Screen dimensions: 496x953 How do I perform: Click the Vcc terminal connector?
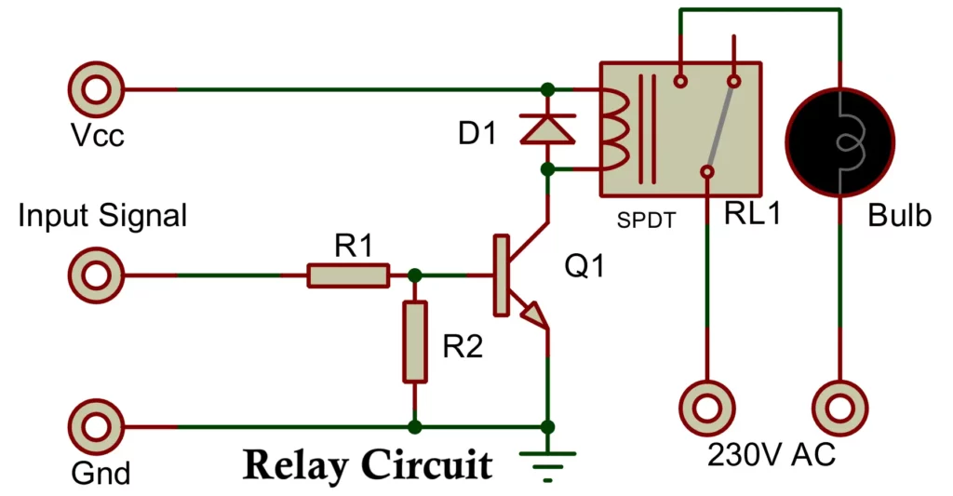95,90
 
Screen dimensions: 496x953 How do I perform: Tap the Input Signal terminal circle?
95,275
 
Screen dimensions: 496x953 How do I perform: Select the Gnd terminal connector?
95,427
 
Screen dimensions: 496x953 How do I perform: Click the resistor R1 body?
348,275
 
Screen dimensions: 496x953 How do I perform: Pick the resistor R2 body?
415,342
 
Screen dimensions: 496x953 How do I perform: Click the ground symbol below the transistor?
547,460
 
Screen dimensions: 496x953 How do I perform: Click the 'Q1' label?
584,267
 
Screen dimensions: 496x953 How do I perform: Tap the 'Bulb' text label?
899,216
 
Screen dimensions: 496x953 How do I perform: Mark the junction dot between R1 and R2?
415,275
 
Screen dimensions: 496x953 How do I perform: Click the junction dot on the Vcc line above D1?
547,90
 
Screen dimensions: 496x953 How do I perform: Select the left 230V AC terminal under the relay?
706,408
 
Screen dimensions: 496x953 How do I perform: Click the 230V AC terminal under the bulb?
841,408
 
